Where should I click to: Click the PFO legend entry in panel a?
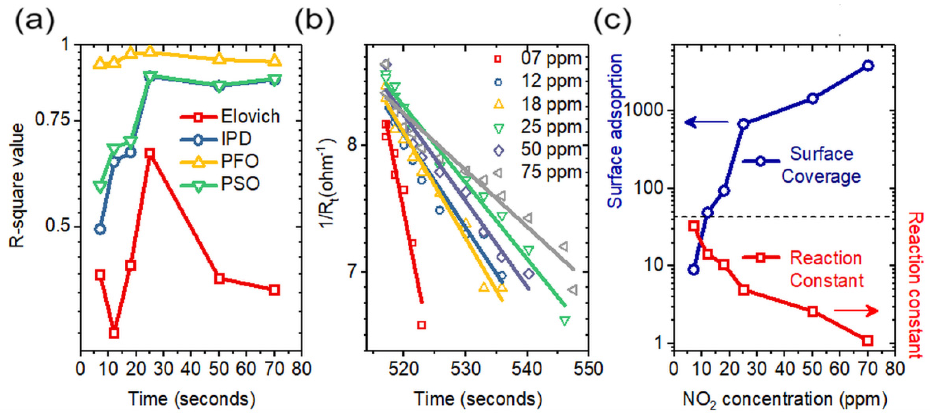(x=220, y=161)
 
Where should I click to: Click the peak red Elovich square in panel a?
(x=150, y=154)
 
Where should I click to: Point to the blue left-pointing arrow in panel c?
(x=706, y=123)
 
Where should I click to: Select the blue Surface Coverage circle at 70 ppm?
(x=868, y=66)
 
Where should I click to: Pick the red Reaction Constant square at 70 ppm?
(x=868, y=341)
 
